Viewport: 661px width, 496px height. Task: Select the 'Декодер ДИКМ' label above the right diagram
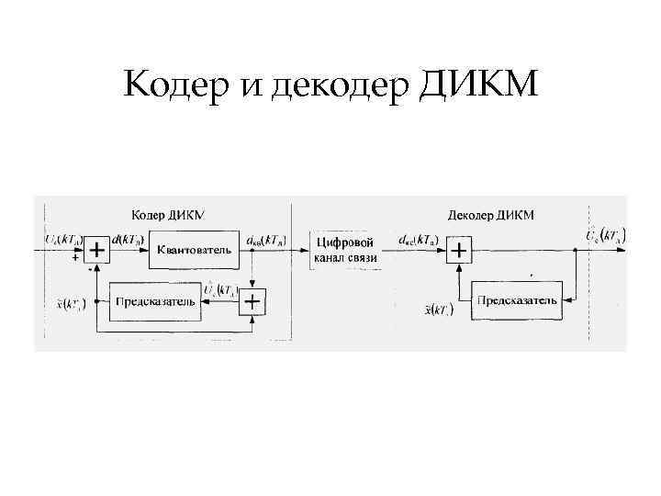click(x=490, y=215)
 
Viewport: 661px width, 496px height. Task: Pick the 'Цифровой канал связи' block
click(x=345, y=249)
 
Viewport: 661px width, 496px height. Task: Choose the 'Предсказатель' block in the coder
click(x=153, y=301)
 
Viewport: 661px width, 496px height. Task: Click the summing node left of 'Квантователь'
click(x=96, y=249)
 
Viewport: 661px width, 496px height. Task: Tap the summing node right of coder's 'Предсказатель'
click(x=250, y=301)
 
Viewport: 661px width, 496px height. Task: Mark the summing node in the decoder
click(x=459, y=249)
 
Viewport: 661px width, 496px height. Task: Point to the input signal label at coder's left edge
click(x=62, y=239)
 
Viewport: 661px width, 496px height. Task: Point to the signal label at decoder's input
click(x=418, y=239)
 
